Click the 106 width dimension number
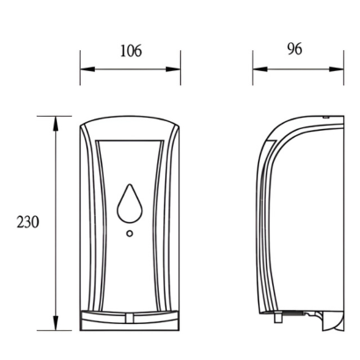[x=131, y=51]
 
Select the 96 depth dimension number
[x=294, y=49]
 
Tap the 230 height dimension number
[x=27, y=222]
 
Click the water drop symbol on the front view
[x=130, y=203]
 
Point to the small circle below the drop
[x=130, y=234]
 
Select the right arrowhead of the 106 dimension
[x=173, y=69]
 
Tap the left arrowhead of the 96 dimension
[x=260, y=69]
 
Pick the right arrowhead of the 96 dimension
[x=336, y=69]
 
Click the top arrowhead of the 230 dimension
[x=55, y=124]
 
